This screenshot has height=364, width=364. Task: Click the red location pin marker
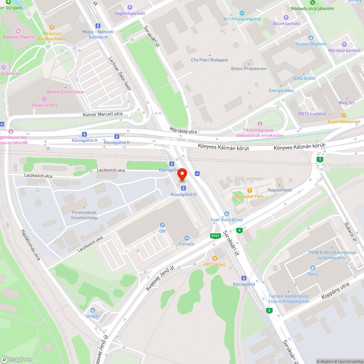point(182,175)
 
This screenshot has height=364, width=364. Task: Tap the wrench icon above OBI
point(162,225)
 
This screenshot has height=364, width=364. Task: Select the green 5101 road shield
point(215,236)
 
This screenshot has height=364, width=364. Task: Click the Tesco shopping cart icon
point(312,268)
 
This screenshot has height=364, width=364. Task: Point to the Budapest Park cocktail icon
point(250,190)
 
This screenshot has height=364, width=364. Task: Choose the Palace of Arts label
point(44,105)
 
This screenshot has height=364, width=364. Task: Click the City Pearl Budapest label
point(210,60)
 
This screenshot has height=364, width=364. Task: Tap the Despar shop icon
point(92,310)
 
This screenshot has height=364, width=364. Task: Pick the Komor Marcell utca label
point(102,114)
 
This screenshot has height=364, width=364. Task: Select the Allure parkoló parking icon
point(286,17)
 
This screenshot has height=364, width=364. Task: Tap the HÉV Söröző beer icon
point(214,258)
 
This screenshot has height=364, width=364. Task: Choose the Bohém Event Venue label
point(66,92)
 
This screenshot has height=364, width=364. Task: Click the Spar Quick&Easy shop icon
point(226,214)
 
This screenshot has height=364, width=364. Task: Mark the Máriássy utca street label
point(183,130)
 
